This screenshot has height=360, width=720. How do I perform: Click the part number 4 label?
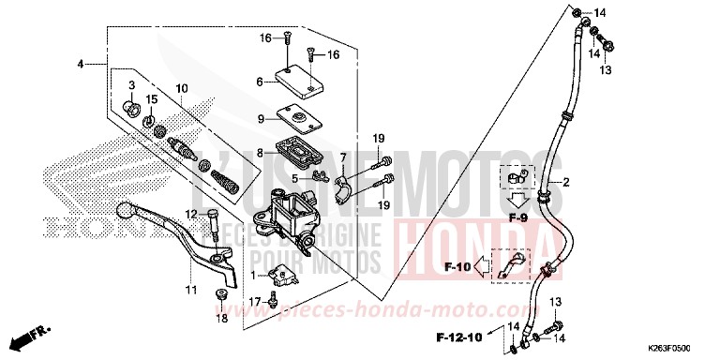pyautogui.click(x=82, y=64)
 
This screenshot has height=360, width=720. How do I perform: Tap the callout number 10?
pyautogui.click(x=181, y=89)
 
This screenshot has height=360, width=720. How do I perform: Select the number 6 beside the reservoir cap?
pyautogui.click(x=260, y=82)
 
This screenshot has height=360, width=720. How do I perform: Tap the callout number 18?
pyautogui.click(x=222, y=320)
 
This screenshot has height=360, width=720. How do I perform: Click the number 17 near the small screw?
pyautogui.click(x=252, y=302)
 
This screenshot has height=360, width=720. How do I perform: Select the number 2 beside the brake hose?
pyautogui.click(x=566, y=183)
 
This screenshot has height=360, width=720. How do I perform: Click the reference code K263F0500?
pyautogui.click(x=679, y=347)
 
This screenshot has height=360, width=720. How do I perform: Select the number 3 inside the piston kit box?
pyautogui.click(x=131, y=85)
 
